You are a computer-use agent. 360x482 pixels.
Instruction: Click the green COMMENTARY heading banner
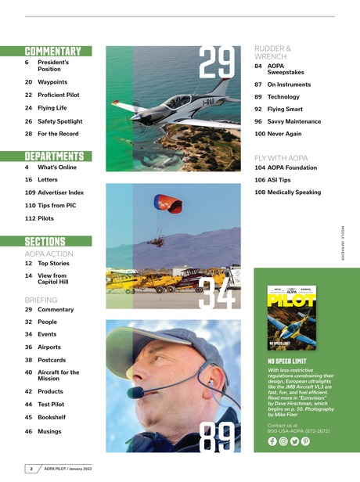[58, 52]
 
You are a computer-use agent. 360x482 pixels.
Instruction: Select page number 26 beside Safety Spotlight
[29, 121]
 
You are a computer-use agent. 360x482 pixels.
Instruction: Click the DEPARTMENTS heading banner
[58, 156]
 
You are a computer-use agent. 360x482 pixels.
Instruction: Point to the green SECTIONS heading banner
[58, 241]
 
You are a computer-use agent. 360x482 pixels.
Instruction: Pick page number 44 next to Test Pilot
[29, 405]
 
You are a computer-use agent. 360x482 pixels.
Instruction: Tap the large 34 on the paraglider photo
[218, 290]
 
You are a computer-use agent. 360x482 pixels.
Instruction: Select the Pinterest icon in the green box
[306, 441]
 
